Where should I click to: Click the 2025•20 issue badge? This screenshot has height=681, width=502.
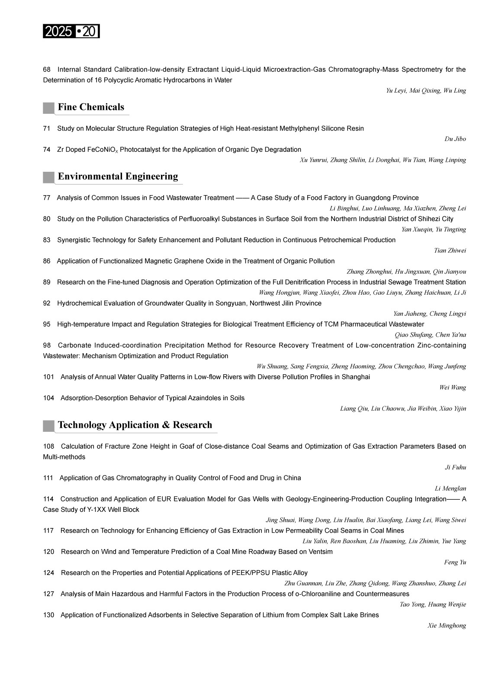71,32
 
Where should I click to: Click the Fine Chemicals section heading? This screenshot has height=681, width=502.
91,107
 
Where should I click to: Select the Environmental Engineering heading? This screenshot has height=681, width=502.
118,177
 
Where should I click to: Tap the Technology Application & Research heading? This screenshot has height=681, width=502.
135,425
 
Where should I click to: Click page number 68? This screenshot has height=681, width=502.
47,70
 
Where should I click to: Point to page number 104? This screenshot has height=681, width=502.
48,398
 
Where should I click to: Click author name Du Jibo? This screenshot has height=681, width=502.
455,139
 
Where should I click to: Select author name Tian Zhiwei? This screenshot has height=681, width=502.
450,251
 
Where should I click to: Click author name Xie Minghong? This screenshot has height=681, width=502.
447,626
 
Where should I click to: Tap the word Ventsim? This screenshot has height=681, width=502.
320,552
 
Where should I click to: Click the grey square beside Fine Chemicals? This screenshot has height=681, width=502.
48,108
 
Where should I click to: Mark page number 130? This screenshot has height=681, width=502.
48,615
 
